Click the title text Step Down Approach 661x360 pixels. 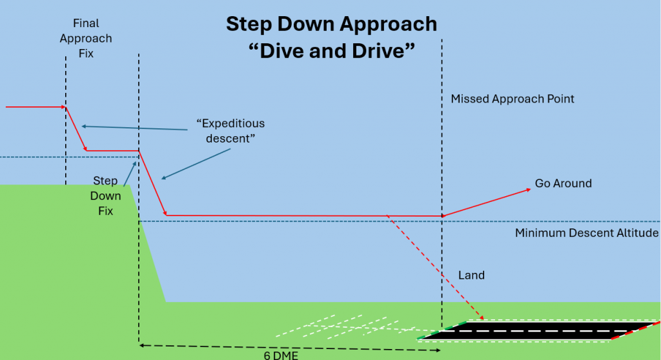coord(331,24)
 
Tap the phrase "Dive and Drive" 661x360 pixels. coord(331,50)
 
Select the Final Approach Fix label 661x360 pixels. coord(86,38)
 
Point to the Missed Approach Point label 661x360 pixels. coord(512,99)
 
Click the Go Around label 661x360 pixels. coord(563,183)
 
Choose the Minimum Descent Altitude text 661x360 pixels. coord(586,233)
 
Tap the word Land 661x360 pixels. coord(471,275)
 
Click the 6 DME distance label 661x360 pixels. coord(281,355)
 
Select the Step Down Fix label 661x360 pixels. coord(105,195)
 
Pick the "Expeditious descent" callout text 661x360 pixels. coord(230,131)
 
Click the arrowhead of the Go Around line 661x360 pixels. coord(528,190)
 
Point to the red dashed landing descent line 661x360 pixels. coord(436,267)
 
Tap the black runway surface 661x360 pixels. coord(538,331)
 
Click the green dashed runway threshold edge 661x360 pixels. coord(442,330)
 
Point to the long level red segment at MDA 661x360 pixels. coord(304,216)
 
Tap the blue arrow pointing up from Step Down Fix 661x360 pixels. coord(130,174)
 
